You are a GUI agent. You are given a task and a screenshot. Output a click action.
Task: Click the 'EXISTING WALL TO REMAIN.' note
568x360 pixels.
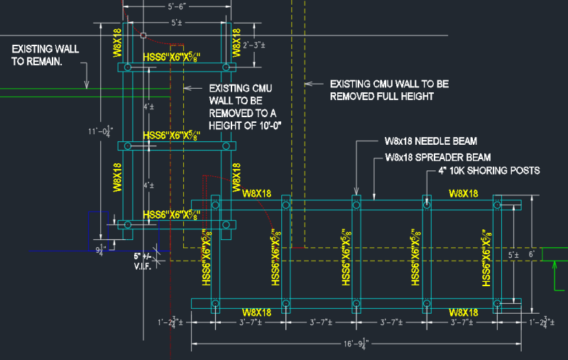(45, 55)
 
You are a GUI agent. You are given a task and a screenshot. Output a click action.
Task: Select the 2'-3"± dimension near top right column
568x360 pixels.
(253, 45)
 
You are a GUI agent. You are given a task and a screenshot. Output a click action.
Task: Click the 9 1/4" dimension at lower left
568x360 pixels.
(102, 249)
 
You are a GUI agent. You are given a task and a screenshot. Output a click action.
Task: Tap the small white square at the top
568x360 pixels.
(143, 34)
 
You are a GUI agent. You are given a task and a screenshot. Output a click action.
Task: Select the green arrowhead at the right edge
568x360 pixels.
(554, 266)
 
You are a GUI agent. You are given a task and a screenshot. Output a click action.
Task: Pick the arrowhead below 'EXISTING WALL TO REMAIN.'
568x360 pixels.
(87, 84)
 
